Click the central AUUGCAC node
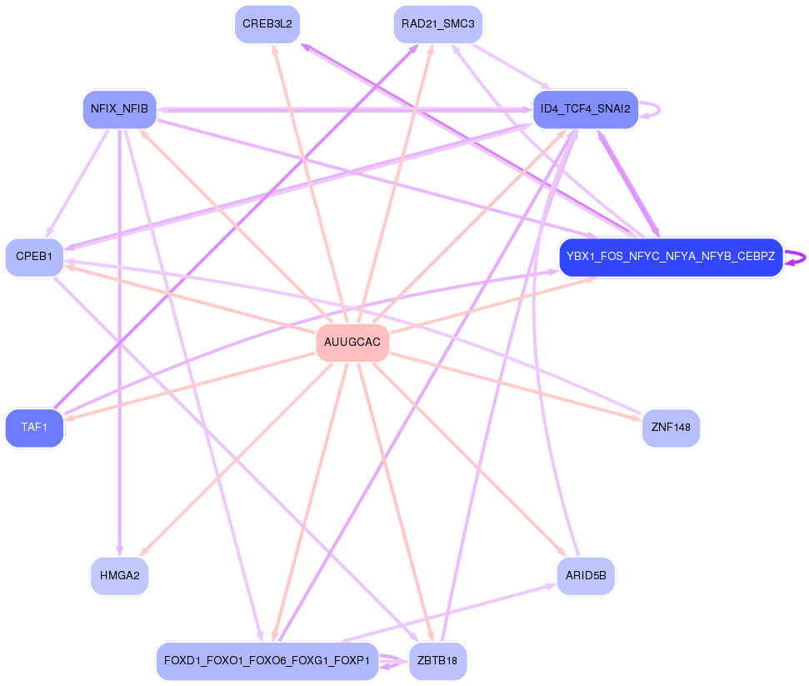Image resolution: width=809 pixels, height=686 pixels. tap(352, 343)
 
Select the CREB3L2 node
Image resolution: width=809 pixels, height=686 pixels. tap(267, 23)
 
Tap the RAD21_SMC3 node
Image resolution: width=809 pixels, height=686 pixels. tap(437, 23)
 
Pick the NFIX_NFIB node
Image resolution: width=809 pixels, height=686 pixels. tap(119, 109)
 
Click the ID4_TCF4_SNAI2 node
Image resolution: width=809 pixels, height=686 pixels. tap(585, 109)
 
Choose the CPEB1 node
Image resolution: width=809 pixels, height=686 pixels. tap(34, 257)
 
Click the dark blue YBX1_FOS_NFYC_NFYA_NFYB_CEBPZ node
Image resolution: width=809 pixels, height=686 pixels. tap(671, 257)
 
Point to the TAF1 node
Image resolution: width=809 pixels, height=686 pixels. tap(34, 428)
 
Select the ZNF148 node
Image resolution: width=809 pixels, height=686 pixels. tap(671, 428)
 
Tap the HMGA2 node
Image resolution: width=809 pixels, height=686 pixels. tap(119, 575)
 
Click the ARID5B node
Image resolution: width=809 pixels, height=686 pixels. tap(585, 575)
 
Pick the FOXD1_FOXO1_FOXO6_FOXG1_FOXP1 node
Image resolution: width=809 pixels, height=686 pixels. tap(267, 661)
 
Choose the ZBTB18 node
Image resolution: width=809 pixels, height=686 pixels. tap(437, 661)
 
